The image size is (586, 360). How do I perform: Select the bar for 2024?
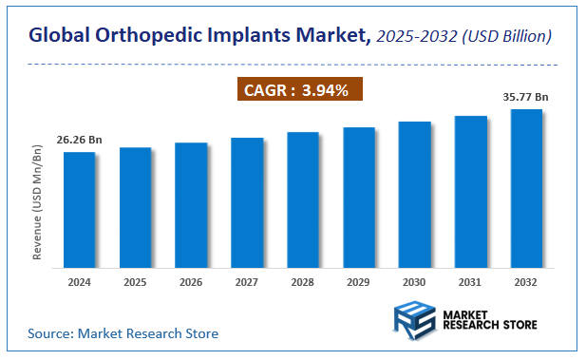79,208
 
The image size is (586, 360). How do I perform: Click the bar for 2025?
135,206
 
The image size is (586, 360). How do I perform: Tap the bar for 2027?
247,201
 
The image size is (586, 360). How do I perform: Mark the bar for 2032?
526,187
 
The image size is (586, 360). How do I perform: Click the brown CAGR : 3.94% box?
298,91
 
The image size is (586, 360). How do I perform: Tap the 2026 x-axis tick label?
191,282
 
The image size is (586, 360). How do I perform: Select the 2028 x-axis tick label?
303,282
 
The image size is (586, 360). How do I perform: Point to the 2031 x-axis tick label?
470,282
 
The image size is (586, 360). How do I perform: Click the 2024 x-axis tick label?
79,282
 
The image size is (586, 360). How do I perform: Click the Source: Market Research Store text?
123,333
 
